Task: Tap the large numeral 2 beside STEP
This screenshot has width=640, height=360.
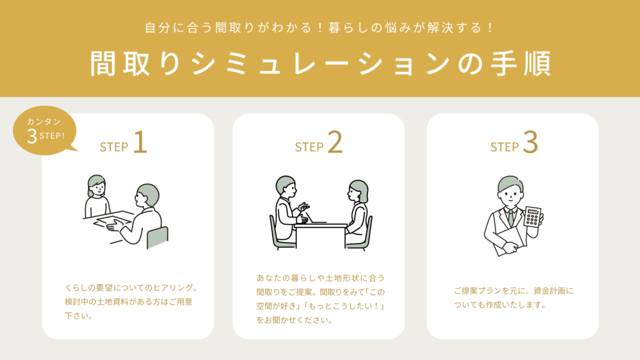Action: point(335,142)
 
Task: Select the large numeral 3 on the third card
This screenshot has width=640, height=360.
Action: point(530,142)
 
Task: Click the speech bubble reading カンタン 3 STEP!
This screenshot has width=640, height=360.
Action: point(45,131)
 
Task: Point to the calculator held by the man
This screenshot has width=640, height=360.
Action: point(532,216)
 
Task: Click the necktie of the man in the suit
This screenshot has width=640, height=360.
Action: point(511,218)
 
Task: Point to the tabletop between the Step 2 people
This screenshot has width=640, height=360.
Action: point(321,225)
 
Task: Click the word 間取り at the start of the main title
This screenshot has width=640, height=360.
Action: point(135,64)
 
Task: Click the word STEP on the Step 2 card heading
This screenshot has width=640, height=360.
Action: point(309,147)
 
